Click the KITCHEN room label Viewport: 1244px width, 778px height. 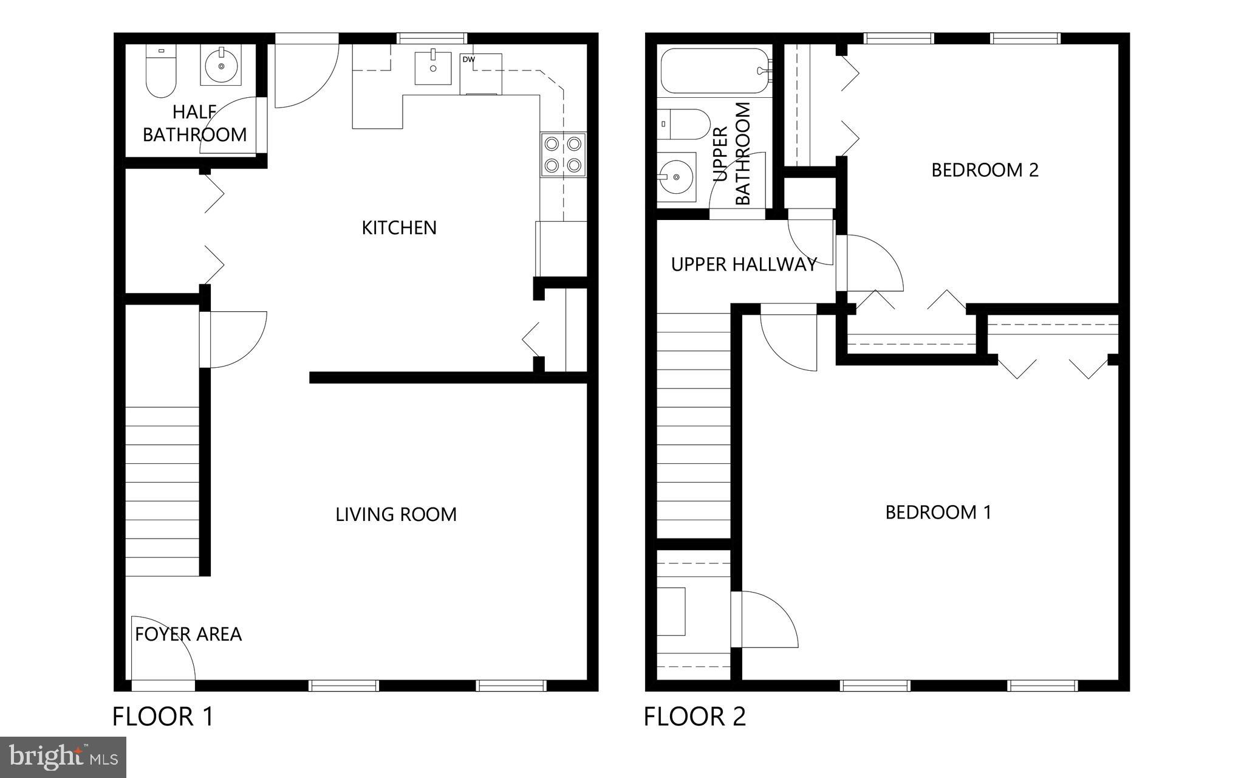(399, 227)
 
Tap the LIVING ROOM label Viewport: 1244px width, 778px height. (395, 514)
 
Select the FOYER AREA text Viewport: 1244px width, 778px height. (188, 634)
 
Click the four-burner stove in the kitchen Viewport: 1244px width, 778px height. (563, 154)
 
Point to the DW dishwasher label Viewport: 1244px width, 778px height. (468, 60)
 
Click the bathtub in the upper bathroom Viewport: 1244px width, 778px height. (714, 71)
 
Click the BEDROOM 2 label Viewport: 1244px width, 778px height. (985, 170)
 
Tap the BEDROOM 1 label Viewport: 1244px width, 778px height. (938, 512)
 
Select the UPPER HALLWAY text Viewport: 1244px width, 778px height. (743, 264)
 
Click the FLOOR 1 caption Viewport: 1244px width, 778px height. (163, 716)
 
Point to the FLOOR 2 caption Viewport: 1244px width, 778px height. (695, 716)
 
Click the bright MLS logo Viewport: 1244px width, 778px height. (63, 757)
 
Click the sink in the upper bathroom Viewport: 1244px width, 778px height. (676, 177)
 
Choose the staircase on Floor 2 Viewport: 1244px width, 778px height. (693, 425)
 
